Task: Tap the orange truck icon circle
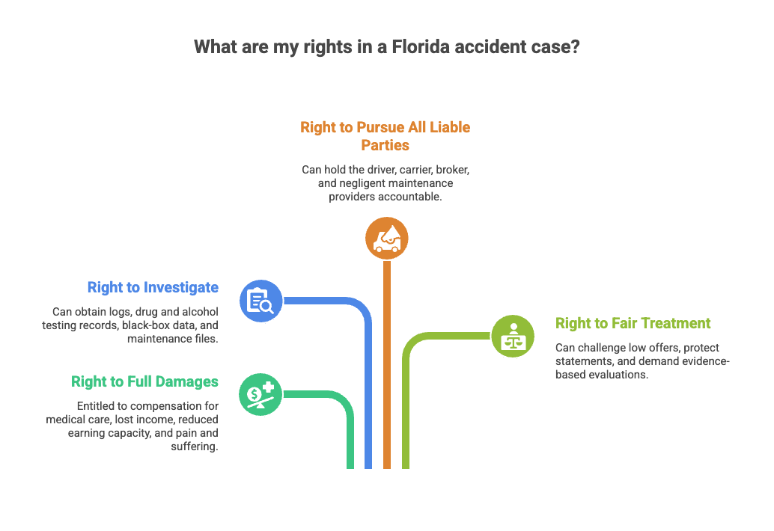pos(386,239)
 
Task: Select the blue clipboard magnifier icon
pos(260,301)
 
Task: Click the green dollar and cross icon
pos(260,393)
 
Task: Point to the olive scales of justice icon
pos(513,336)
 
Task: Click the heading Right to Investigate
pos(153,287)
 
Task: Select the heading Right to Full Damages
pos(144,381)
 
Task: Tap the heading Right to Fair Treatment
pos(633,323)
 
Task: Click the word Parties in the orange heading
pos(386,145)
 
